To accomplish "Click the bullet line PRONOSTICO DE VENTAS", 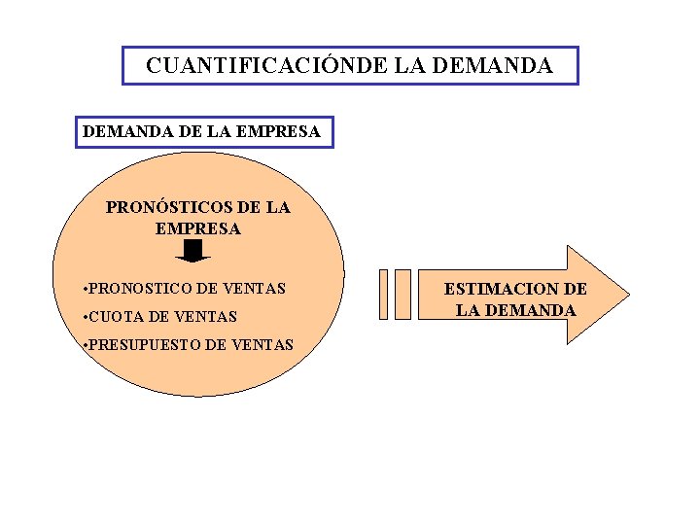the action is point(185,288).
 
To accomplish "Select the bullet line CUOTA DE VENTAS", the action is point(160,316).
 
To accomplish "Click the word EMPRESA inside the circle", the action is point(197,229).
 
